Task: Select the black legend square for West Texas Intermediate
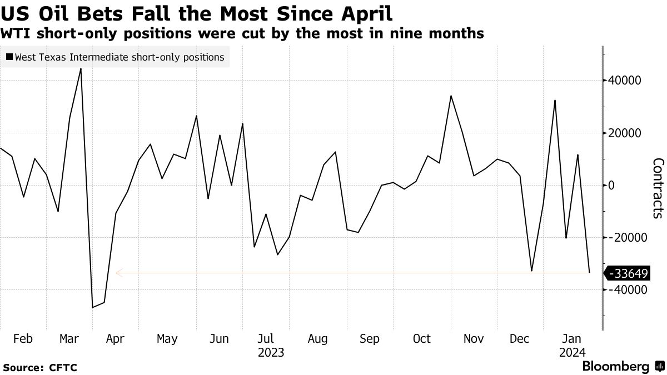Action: click(x=9, y=57)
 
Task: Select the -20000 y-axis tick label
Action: click(x=628, y=238)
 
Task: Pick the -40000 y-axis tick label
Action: click(x=628, y=290)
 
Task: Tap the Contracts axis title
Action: click(x=658, y=187)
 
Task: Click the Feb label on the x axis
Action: click(x=23, y=339)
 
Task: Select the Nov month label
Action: click(x=474, y=339)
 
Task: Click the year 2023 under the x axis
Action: click(x=271, y=353)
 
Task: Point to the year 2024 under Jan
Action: click(x=572, y=353)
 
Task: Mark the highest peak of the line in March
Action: click(x=81, y=69)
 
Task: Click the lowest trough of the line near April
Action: click(x=92, y=307)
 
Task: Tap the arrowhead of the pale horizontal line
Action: click(x=117, y=273)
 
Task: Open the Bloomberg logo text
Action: click(x=615, y=367)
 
